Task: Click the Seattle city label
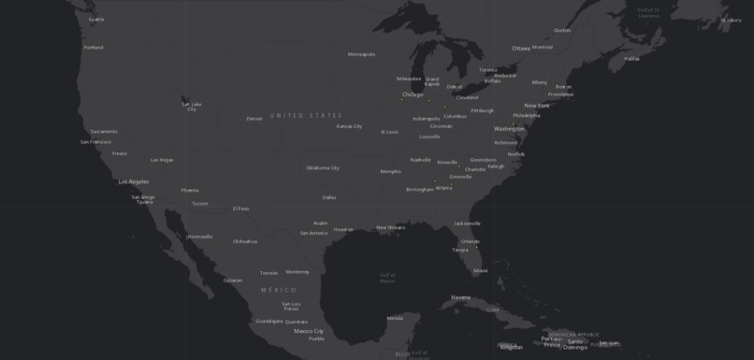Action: (96, 19)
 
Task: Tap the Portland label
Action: (94, 47)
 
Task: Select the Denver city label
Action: (254, 119)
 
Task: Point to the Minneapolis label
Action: (361, 54)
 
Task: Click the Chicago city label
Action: (413, 94)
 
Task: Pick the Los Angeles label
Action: (133, 181)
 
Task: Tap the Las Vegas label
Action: (162, 160)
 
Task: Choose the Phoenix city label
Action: (190, 190)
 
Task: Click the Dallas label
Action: (329, 197)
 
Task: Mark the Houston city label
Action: (343, 229)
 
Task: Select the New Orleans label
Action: (390, 227)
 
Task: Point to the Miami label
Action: (480, 271)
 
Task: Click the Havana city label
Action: (460, 297)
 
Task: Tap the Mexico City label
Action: (309, 331)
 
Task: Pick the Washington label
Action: (510, 128)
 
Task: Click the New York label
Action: (537, 106)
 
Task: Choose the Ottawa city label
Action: (521, 49)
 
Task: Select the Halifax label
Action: (631, 58)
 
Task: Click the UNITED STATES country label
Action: (306, 115)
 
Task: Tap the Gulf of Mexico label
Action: (387, 277)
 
